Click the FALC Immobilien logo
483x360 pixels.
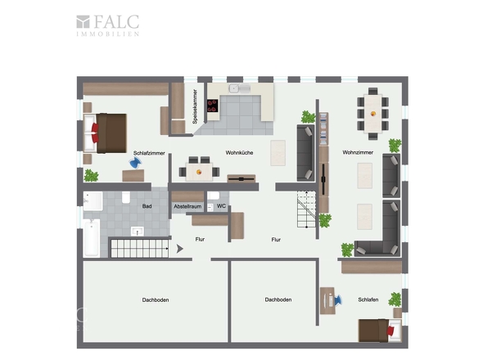click(x=108, y=25)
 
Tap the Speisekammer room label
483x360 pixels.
click(x=195, y=106)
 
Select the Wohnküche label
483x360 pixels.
click(x=239, y=152)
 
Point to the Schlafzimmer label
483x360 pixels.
click(x=149, y=153)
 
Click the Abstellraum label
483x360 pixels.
click(x=187, y=206)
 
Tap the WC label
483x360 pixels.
click(x=221, y=206)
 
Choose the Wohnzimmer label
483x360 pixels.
click(x=358, y=152)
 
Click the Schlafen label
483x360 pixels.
click(x=368, y=299)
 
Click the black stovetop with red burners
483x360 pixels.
click(x=212, y=106)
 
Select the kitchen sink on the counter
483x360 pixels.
click(x=239, y=88)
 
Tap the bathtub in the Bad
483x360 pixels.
click(x=92, y=237)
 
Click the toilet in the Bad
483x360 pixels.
click(x=126, y=197)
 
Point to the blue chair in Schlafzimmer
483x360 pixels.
click(x=135, y=163)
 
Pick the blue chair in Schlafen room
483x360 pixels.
click(x=337, y=300)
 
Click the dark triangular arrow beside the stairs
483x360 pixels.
click(x=179, y=249)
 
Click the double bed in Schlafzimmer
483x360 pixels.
click(x=105, y=133)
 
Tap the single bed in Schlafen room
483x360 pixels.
click(x=380, y=331)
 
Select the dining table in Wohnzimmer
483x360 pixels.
click(x=372, y=114)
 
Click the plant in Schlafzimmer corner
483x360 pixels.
click(x=91, y=176)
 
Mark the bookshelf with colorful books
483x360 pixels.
click(x=323, y=129)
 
